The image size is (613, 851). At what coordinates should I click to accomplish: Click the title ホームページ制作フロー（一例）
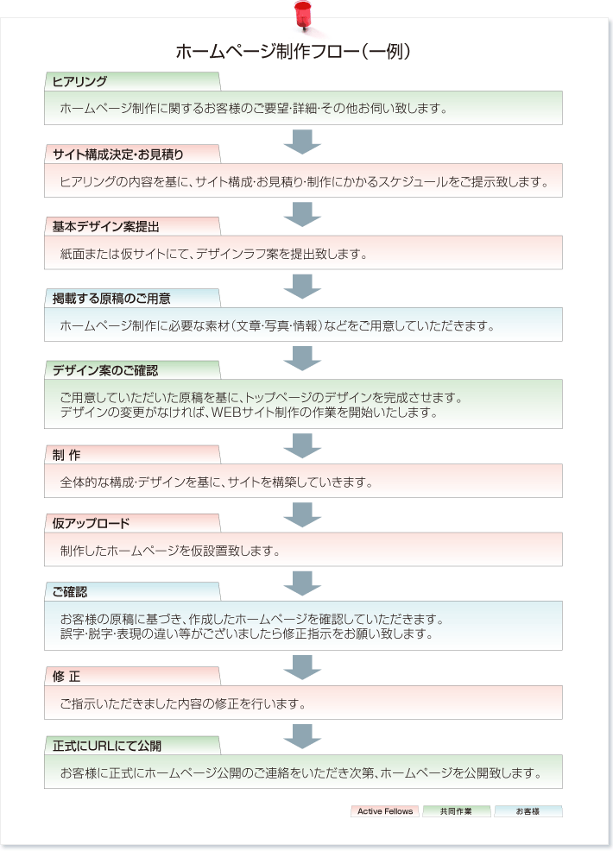(294, 52)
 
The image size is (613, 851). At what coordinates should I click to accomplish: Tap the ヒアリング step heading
(79, 82)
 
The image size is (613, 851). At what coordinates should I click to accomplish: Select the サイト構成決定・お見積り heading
(117, 154)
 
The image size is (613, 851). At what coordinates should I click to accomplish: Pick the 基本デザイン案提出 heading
(106, 227)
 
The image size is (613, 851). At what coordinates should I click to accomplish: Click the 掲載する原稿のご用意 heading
(111, 299)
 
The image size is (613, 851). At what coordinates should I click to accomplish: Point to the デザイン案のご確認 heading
(105, 370)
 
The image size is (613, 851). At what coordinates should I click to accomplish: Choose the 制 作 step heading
(66, 456)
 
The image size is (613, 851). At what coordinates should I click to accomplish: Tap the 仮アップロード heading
(91, 524)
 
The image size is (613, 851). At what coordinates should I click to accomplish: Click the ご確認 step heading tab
(69, 592)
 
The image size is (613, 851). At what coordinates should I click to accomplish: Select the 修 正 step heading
(66, 677)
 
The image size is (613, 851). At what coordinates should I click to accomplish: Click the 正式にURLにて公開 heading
(107, 747)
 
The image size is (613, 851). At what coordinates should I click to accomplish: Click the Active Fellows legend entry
(385, 811)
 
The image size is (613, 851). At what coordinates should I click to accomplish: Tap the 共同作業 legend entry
(456, 811)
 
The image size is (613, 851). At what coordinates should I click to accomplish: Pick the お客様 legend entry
(528, 811)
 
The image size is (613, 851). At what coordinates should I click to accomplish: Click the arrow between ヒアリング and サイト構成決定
(302, 142)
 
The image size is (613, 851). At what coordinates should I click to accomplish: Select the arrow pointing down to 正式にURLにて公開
(302, 736)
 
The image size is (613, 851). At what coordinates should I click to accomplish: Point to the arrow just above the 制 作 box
(302, 445)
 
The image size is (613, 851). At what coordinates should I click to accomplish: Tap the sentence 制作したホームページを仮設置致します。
(170, 552)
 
